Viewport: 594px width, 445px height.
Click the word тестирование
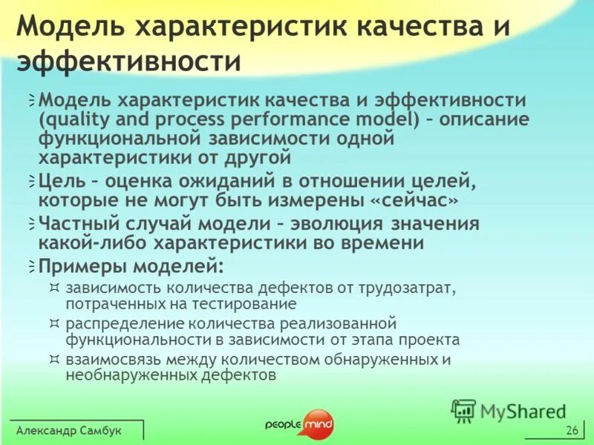pyautogui.click(x=249, y=303)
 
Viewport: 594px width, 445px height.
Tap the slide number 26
pyautogui.click(x=571, y=431)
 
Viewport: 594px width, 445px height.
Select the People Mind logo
pyautogui.click(x=299, y=423)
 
